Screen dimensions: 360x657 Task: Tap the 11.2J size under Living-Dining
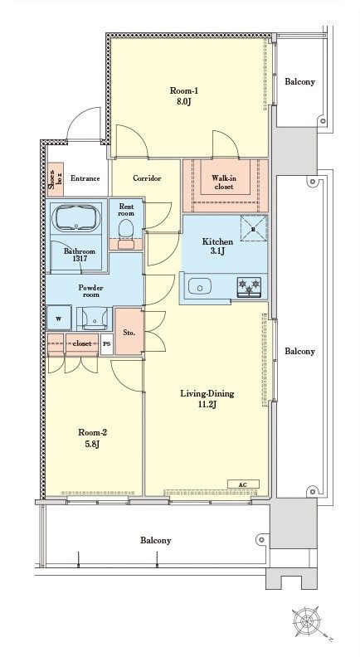207,405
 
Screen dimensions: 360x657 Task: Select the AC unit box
243,484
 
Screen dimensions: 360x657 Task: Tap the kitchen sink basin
200,287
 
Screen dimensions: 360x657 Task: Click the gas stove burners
250,287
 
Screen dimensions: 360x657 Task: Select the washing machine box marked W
59,319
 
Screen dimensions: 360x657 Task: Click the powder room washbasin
95,319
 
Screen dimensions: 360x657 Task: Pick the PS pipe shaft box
107,343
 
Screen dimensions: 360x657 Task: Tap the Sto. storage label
129,333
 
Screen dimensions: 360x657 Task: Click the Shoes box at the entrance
56,179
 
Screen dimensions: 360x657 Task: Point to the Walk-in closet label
222,182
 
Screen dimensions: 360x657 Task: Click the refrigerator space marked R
254,228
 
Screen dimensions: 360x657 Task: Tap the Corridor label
147,178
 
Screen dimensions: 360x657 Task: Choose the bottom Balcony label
155,541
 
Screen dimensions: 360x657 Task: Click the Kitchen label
217,241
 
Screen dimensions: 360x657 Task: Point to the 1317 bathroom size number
78,259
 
